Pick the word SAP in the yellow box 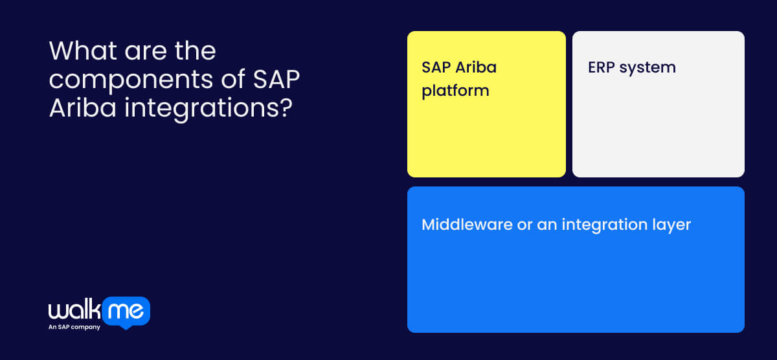pos(436,67)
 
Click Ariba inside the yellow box pos(476,67)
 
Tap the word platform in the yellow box pos(455,90)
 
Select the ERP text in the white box pos(602,67)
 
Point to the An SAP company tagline pos(74,328)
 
